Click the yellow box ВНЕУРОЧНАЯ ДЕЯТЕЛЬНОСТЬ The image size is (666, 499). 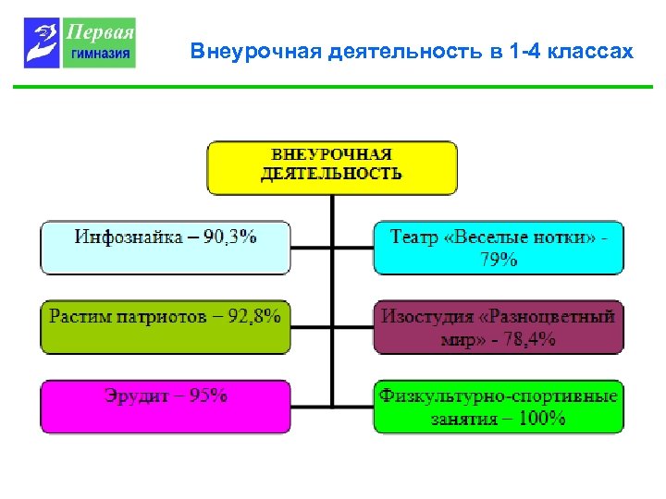coord(332,166)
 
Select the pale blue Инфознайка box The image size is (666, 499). coord(165,247)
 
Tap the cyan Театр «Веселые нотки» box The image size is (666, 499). coord(499,248)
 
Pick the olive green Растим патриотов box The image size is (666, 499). coord(165,326)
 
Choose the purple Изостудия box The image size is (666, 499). coord(499,327)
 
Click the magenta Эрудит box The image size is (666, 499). coord(165,407)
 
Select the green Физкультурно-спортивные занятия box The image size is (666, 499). coord(499,407)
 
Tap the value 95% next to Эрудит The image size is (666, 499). coord(208,396)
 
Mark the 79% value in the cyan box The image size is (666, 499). coord(499,260)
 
